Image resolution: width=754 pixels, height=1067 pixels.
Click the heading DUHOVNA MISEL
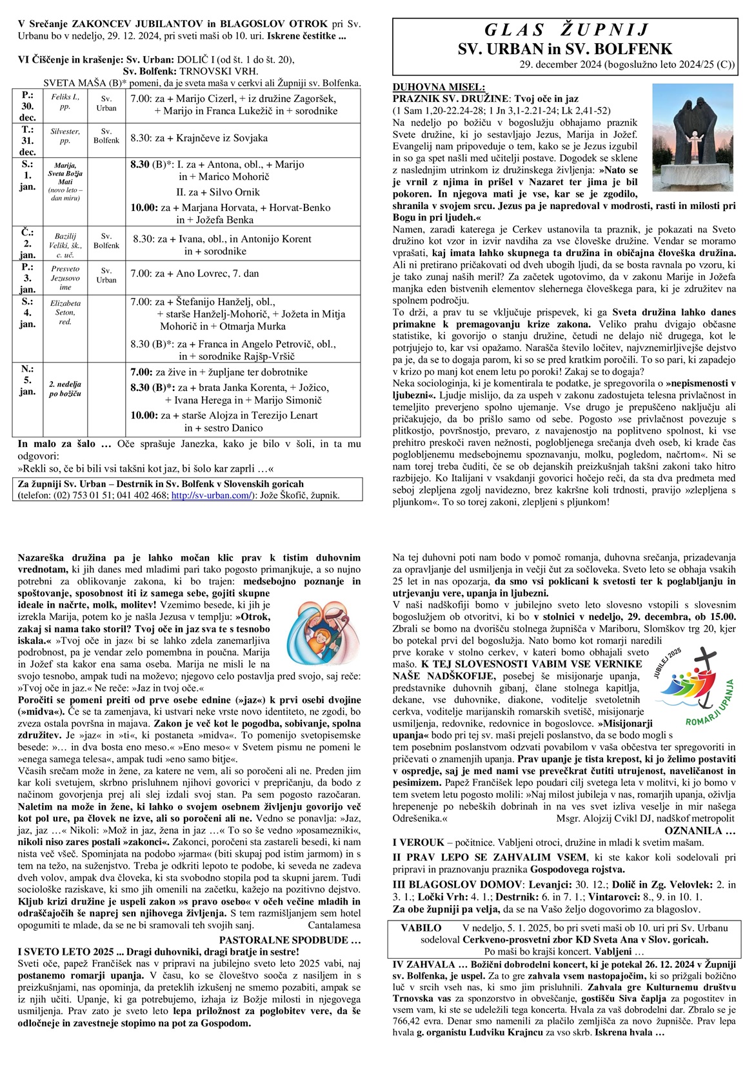coord(439,88)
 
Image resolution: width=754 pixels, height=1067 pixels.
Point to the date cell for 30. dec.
coord(27,106)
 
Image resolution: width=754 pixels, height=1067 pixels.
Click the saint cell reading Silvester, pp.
coord(65,135)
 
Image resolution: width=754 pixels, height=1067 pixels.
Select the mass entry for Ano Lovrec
coord(195,274)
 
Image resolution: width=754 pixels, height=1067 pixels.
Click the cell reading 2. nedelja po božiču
coord(65,389)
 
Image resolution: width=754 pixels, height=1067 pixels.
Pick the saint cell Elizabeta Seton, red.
coord(65,312)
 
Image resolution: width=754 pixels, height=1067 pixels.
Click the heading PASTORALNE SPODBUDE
coord(290,940)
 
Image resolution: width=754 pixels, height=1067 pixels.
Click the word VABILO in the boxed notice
coord(421,928)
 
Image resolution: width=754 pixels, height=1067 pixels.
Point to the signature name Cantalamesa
coord(334,924)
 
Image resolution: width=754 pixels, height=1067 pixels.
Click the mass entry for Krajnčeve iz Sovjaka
coord(199,137)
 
